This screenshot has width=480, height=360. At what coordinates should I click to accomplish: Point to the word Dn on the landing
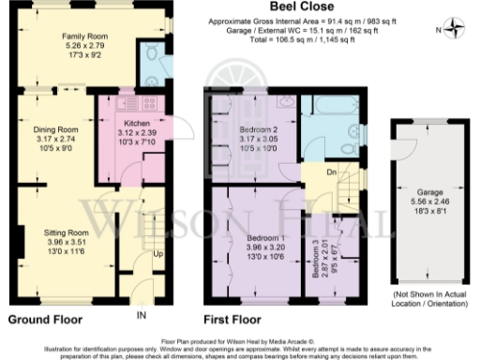pyautogui.click(x=331, y=172)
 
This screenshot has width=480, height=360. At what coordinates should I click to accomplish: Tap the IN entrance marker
pyautogui.click(x=142, y=313)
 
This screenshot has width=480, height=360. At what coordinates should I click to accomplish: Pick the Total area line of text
pyautogui.click(x=327, y=38)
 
